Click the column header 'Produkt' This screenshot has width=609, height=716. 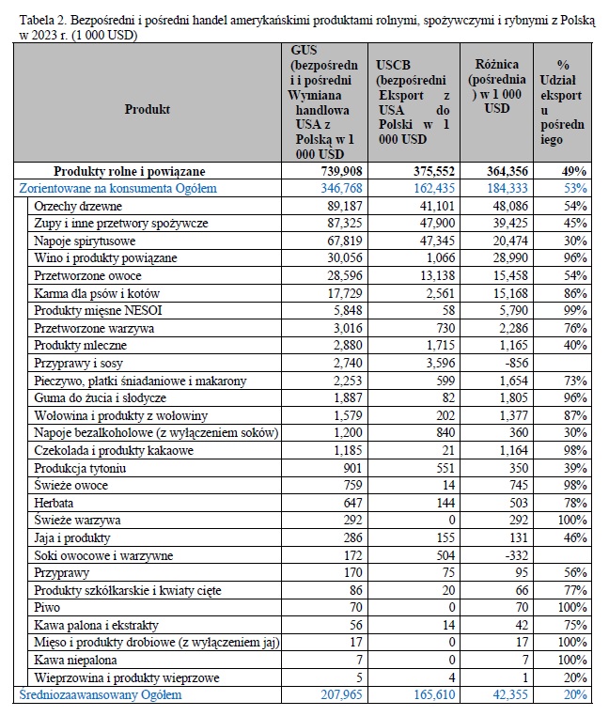click(x=148, y=109)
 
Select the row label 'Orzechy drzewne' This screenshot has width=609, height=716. click(x=78, y=206)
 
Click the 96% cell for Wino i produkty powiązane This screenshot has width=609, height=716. click(x=575, y=258)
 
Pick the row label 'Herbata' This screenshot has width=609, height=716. click(x=54, y=503)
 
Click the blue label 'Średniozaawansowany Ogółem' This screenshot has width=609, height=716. click(x=100, y=695)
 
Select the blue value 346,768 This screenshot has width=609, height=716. click(x=341, y=188)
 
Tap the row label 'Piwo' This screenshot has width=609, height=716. click(x=47, y=607)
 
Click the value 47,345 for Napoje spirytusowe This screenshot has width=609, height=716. click(x=437, y=241)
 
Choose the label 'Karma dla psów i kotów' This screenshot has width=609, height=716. click(x=97, y=293)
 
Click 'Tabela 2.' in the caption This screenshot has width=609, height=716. click(x=43, y=21)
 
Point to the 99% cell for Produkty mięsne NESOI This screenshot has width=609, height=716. click(x=575, y=310)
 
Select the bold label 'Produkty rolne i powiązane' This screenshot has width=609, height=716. click(x=130, y=171)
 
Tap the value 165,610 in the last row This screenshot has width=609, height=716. click(x=434, y=695)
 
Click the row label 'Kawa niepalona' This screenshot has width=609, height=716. click(x=75, y=660)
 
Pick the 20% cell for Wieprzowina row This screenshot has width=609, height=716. click(x=575, y=677)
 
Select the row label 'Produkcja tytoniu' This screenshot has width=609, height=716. click(x=80, y=468)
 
